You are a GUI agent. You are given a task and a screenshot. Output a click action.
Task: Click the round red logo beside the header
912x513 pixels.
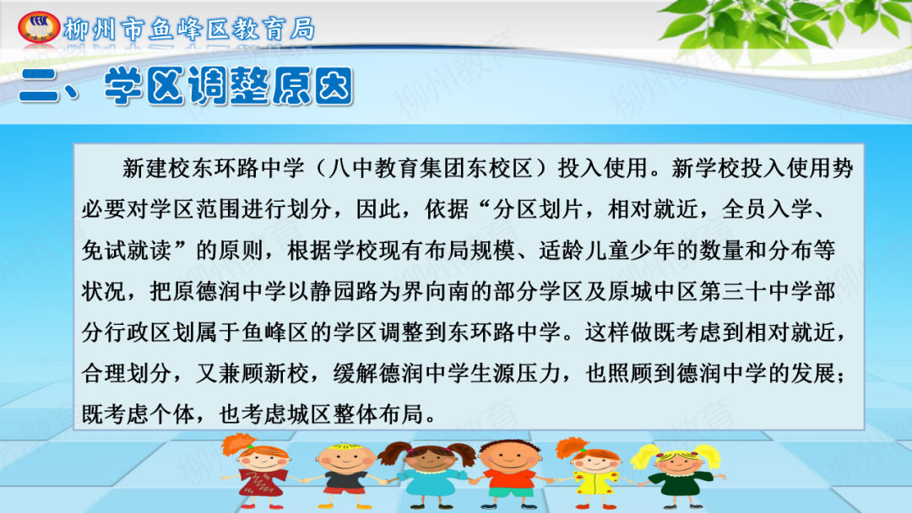[x=39, y=27]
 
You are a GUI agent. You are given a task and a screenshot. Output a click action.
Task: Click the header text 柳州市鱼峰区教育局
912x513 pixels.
[x=190, y=29]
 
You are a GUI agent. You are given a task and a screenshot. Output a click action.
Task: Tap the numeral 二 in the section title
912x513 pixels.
[x=39, y=87]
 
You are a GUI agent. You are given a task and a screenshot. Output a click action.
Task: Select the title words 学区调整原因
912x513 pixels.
[x=229, y=87]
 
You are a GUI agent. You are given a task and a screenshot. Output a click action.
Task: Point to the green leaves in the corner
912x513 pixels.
[x=785, y=26]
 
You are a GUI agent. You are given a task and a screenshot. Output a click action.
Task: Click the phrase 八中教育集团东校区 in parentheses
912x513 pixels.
[x=431, y=168]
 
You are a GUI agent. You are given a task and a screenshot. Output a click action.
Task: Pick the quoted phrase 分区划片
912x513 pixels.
[x=538, y=209]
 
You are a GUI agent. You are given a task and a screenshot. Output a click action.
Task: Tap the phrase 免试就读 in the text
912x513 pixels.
[x=127, y=251]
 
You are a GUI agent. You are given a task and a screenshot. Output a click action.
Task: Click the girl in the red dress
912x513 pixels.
[x=259, y=471]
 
